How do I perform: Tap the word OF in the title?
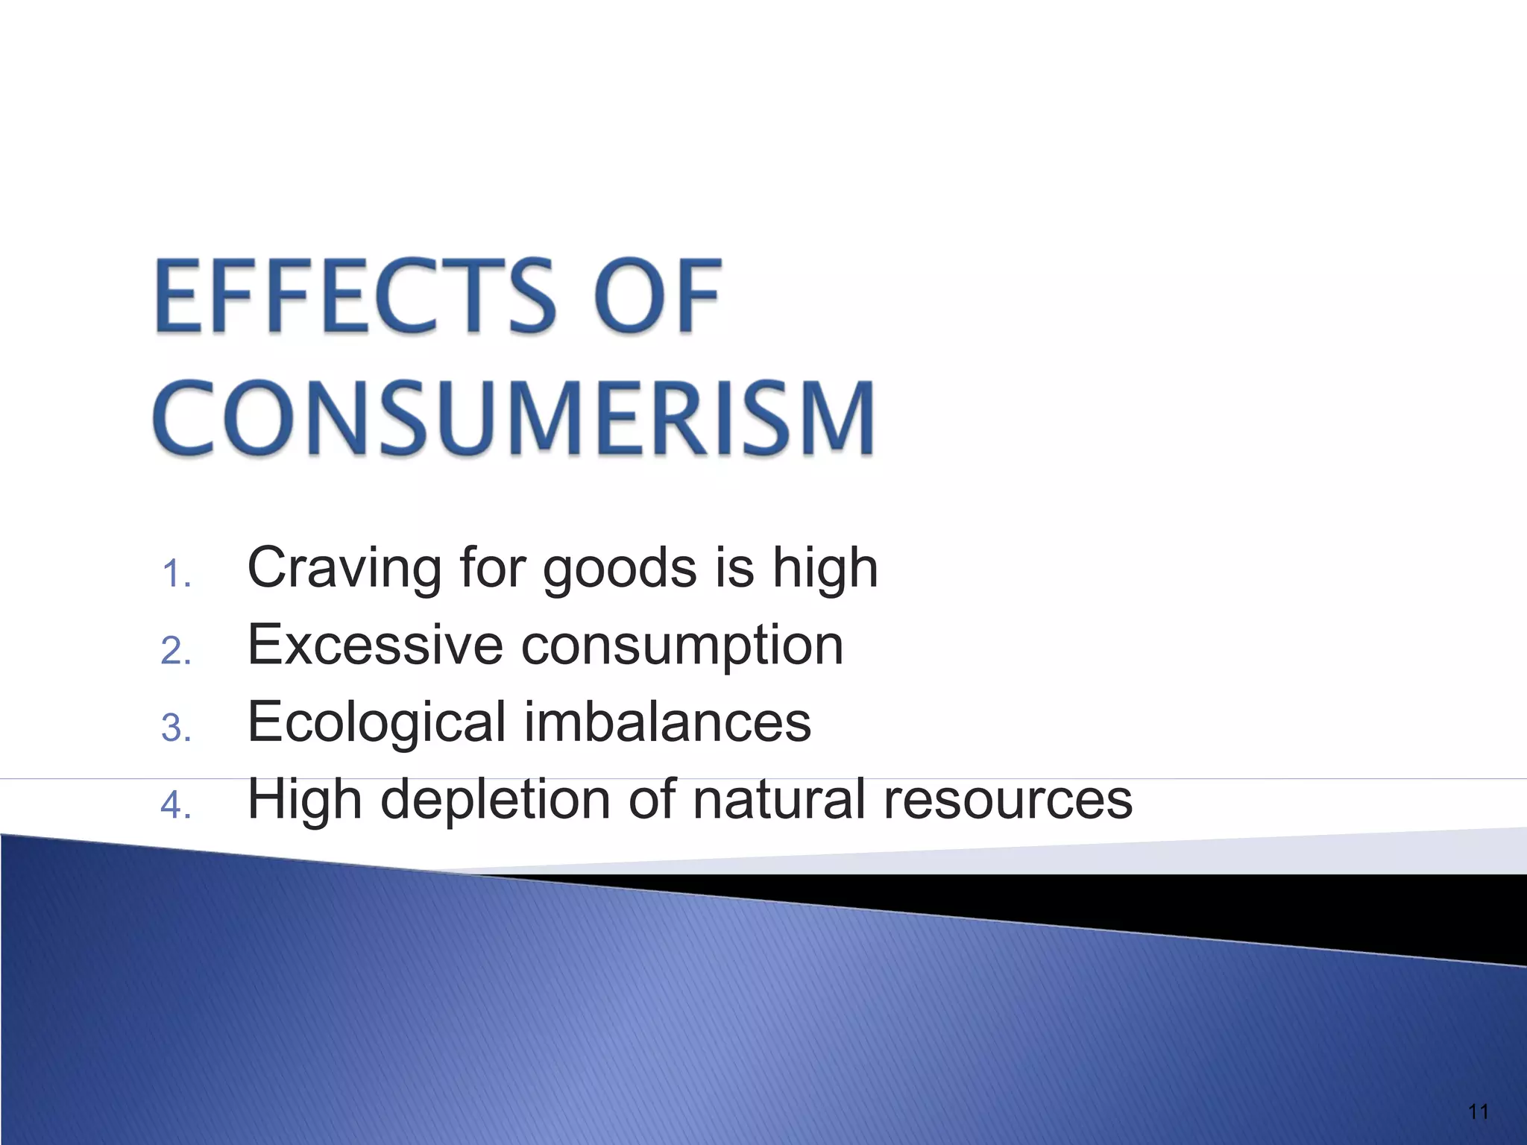pos(658,296)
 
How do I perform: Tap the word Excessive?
pos(375,645)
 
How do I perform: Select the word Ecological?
pos(377,723)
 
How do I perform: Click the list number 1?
pos(176,575)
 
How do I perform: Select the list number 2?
pos(176,652)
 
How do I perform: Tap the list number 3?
pos(176,728)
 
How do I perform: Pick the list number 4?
pos(176,805)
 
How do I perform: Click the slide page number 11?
pos(1478,1112)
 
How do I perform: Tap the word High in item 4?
pos(305,799)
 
